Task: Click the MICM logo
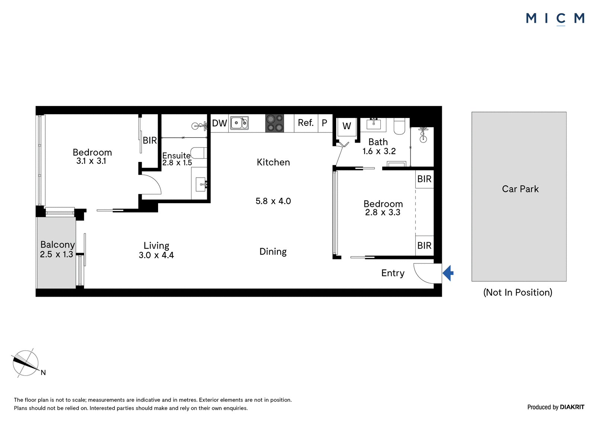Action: point(555,19)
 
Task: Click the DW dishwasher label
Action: point(219,123)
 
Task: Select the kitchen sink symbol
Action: point(239,123)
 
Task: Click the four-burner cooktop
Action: point(275,123)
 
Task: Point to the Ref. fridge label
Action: point(306,123)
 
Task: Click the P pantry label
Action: point(324,123)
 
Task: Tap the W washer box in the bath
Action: point(347,126)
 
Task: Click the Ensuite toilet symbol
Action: point(199,153)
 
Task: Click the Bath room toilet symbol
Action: point(399,126)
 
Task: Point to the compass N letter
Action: point(43,373)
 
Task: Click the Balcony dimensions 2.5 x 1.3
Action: point(56,254)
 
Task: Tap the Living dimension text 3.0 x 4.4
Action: point(156,255)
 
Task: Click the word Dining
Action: point(273,252)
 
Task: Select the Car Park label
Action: point(520,189)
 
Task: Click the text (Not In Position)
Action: point(518,292)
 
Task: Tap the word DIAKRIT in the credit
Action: point(572,407)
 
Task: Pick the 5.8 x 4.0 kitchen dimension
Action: point(273,201)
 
